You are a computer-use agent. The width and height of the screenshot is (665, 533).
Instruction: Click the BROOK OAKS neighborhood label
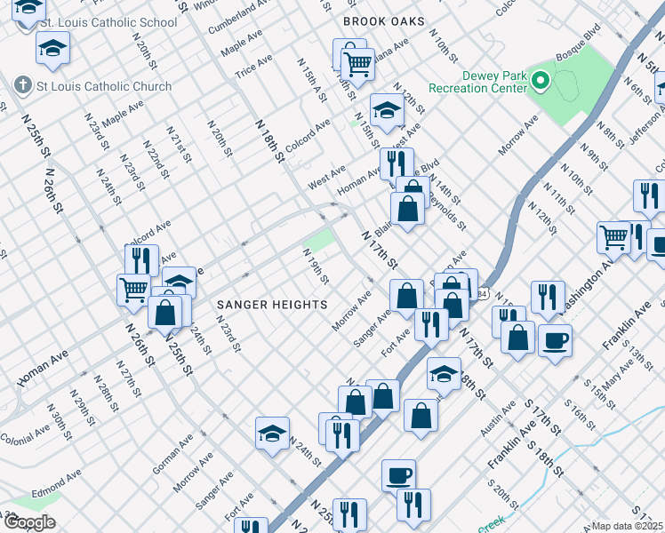(x=384, y=20)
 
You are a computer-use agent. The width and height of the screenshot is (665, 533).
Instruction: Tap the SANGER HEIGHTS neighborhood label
(x=273, y=305)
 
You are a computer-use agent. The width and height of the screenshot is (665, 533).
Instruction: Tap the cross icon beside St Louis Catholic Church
(x=21, y=86)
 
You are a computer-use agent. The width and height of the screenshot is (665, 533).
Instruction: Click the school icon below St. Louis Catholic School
(x=52, y=49)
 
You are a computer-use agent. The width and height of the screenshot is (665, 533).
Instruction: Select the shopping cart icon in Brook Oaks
(x=357, y=63)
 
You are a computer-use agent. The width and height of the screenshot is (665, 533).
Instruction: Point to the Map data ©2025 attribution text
(x=627, y=526)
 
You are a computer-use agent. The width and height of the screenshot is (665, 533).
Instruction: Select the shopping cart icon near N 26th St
(x=133, y=288)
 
